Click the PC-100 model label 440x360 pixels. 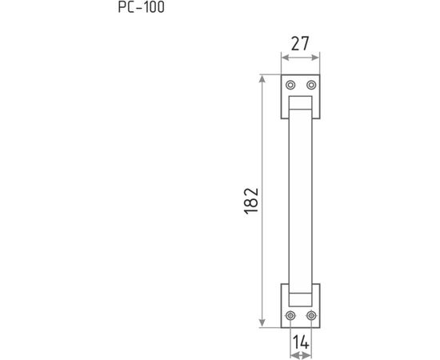(x=141, y=7)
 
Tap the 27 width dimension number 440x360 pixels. (x=300, y=44)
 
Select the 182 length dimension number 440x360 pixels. (x=251, y=201)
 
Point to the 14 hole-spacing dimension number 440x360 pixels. (x=301, y=342)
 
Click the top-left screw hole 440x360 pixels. (x=290, y=85)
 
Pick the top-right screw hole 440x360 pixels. (x=311, y=85)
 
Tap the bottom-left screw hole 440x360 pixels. (x=290, y=316)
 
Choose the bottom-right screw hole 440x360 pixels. (x=311, y=316)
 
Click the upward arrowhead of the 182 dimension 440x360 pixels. (x=262, y=79)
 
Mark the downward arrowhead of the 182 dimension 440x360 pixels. (x=262, y=323)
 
